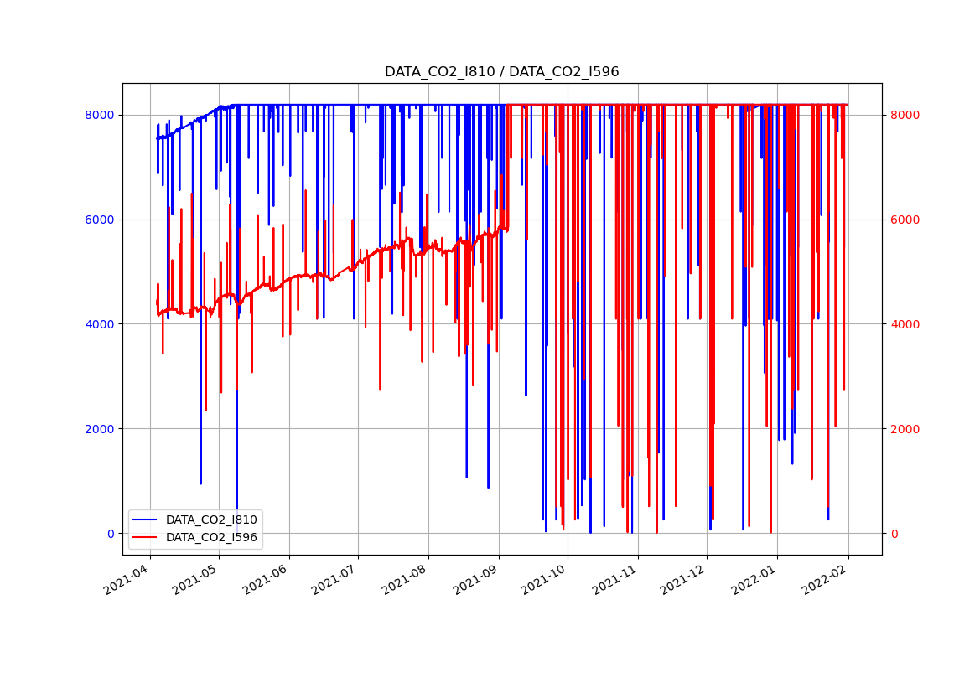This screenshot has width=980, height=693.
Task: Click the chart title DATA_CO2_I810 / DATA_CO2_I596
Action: pyautogui.click(x=501, y=72)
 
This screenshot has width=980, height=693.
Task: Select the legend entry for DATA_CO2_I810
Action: pyautogui.click(x=211, y=520)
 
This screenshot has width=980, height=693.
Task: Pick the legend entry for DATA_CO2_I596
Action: pyautogui.click(x=211, y=537)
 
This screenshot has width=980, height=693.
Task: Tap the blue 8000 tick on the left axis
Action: pyautogui.click(x=100, y=115)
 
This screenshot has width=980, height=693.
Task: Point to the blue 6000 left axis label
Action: pyautogui.click(x=100, y=220)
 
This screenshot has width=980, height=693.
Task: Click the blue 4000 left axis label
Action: pyautogui.click(x=100, y=324)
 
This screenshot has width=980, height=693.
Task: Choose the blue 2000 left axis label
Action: pyautogui.click(x=100, y=429)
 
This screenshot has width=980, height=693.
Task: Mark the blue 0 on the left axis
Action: pyautogui.click(x=111, y=534)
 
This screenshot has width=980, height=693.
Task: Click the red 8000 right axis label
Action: pyautogui.click(x=905, y=115)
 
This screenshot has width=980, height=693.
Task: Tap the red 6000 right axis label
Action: pyautogui.click(x=905, y=220)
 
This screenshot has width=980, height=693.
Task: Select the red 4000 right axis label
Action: pyautogui.click(x=905, y=324)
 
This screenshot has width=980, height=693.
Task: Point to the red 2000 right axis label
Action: pyautogui.click(x=905, y=429)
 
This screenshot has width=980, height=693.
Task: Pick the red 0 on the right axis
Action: pyautogui.click(x=894, y=534)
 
